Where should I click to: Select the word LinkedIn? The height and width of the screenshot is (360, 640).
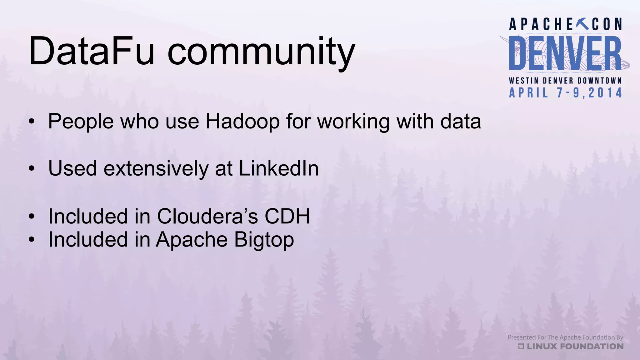click(279, 168)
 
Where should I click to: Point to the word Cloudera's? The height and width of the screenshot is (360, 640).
click(207, 216)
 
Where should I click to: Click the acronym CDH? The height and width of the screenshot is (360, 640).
click(287, 216)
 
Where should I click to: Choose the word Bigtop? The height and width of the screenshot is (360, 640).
click(264, 240)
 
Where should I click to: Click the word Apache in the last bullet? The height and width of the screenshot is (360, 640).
click(192, 240)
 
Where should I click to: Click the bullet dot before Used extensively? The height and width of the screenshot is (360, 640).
click(31, 169)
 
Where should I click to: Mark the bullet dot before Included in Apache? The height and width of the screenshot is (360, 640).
click(31, 240)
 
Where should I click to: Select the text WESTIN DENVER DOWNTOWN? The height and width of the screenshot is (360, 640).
click(565, 81)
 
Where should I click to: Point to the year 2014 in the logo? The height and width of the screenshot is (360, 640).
click(605, 93)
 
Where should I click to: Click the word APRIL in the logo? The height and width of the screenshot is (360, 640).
click(528, 93)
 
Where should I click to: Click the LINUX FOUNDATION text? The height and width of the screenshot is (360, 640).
click(575, 346)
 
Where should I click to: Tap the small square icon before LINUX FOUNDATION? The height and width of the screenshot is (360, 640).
click(521, 346)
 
